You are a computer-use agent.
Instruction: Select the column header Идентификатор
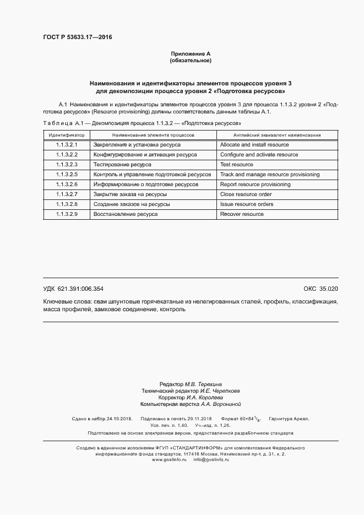(x=67, y=134)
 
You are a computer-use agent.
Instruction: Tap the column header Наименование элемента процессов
(x=153, y=134)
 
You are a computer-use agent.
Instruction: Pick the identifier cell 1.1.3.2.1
(x=67, y=145)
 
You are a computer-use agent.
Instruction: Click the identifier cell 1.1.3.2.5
(x=67, y=175)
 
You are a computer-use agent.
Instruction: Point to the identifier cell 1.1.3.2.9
(x=67, y=214)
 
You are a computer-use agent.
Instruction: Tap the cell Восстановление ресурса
(x=126, y=214)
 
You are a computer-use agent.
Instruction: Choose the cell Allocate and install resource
(x=254, y=145)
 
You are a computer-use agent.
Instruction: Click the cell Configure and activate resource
(x=259, y=155)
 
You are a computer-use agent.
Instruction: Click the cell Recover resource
(x=242, y=214)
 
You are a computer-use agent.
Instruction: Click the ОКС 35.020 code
(x=320, y=289)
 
